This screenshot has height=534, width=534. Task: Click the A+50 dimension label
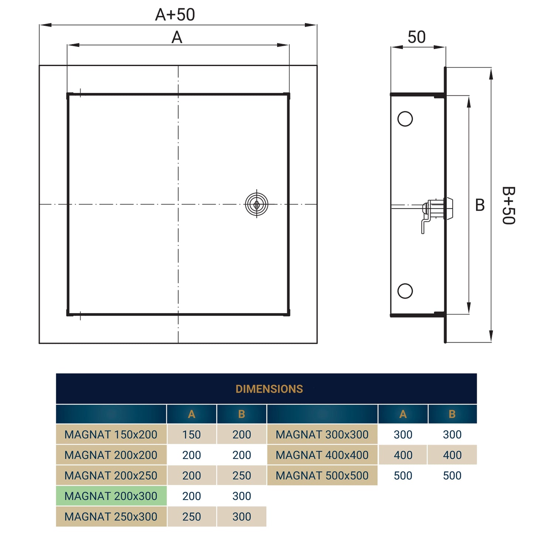[x=175, y=15]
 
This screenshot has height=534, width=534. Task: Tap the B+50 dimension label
[x=509, y=205]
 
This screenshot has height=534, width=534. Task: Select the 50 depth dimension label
[x=416, y=37]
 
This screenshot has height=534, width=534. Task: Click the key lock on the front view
[x=256, y=204]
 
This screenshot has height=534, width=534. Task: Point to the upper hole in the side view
[x=405, y=119]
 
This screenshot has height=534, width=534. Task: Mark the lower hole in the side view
[x=405, y=291]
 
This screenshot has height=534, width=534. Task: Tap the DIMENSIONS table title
[x=269, y=389]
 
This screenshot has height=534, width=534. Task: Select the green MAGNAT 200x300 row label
[x=111, y=496]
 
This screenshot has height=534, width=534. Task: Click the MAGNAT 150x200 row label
[x=111, y=435]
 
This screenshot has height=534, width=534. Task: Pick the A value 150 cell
[x=191, y=435]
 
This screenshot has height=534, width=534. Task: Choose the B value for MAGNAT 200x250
[x=242, y=476]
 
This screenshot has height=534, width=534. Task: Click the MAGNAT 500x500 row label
[x=322, y=476]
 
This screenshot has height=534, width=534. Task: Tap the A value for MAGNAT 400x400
[x=403, y=455]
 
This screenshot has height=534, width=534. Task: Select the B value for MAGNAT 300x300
[x=452, y=435]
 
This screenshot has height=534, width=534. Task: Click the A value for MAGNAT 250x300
[x=191, y=517]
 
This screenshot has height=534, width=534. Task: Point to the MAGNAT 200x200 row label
[x=111, y=455]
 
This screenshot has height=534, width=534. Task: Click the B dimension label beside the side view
[x=480, y=205]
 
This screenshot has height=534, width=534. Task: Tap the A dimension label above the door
[x=177, y=37]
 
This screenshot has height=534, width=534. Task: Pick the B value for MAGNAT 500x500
[x=452, y=476]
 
